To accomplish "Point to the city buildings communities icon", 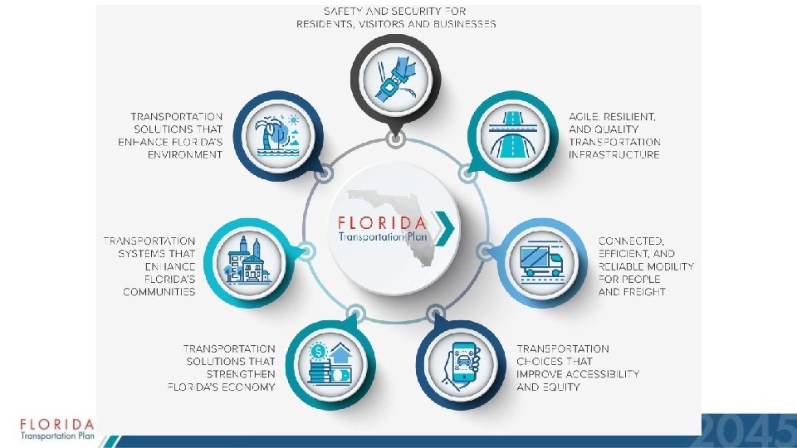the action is [246, 258].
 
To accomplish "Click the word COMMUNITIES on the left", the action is [159, 291].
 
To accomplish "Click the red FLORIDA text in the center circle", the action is [382, 222].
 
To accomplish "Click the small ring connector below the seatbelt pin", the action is [396, 139].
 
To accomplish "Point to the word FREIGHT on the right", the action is [643, 291].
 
